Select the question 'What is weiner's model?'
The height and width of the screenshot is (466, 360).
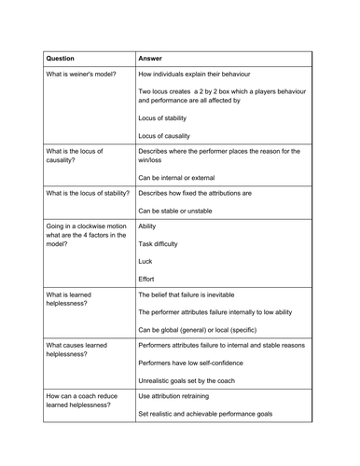[x=81, y=74]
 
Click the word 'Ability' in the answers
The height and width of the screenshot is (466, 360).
[x=147, y=226]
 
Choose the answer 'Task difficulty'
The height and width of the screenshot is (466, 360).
[x=159, y=243]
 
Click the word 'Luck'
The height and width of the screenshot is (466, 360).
[x=145, y=261]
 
